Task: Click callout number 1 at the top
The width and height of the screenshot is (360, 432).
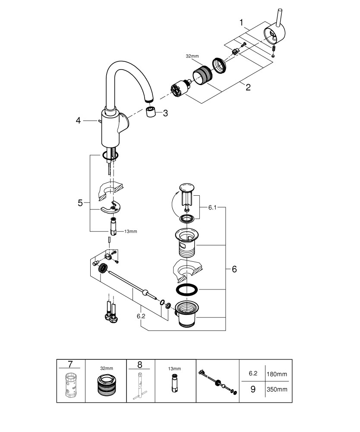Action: [x=242, y=22]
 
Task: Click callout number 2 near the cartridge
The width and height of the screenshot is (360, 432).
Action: [x=248, y=87]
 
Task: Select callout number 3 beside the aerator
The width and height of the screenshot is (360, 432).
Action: [x=165, y=113]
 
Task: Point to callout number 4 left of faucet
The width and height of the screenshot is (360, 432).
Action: [x=78, y=121]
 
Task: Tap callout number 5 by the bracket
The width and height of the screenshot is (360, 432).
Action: [x=80, y=202]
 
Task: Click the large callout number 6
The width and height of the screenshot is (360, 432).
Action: [x=234, y=269]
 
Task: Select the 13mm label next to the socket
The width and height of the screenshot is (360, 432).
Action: [x=130, y=232]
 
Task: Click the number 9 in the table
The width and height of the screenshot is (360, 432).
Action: [x=253, y=389]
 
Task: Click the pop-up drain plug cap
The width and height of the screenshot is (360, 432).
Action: [x=186, y=188]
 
